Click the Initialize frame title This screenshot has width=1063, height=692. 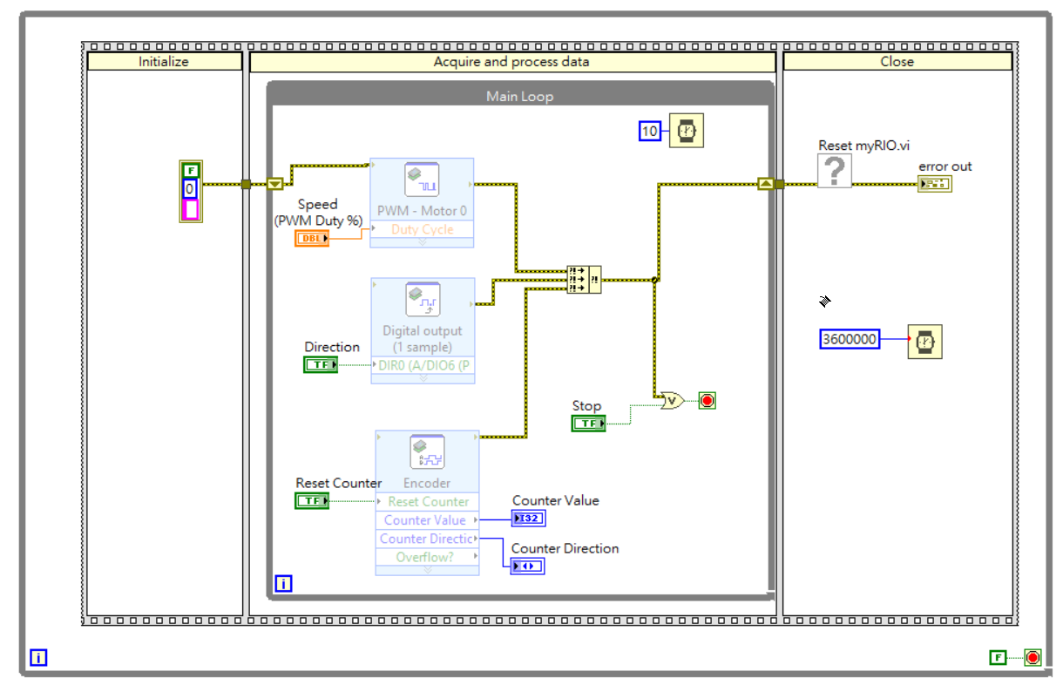[164, 62]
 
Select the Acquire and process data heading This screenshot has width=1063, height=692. [511, 62]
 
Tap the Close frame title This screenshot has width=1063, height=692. [897, 62]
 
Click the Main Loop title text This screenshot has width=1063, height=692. [519, 96]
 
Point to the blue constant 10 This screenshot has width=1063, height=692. [650, 132]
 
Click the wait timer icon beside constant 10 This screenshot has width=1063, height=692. [686, 132]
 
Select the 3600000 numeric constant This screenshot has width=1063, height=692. [850, 339]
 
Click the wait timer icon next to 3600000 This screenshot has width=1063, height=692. [924, 341]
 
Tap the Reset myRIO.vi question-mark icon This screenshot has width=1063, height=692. [834, 171]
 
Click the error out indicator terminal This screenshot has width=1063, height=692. [934, 184]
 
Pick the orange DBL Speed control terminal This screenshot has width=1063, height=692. [312, 238]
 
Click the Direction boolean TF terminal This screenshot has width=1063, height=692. [321, 364]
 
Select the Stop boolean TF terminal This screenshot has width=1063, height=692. [589, 424]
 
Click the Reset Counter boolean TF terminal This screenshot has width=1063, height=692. [312, 501]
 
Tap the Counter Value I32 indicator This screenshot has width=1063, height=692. [528, 519]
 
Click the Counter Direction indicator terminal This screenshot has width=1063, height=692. [528, 566]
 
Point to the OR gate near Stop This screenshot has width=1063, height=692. [672, 402]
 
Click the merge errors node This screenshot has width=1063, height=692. [583, 280]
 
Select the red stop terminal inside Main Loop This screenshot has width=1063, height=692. [707, 401]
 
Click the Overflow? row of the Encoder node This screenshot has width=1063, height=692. [427, 557]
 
